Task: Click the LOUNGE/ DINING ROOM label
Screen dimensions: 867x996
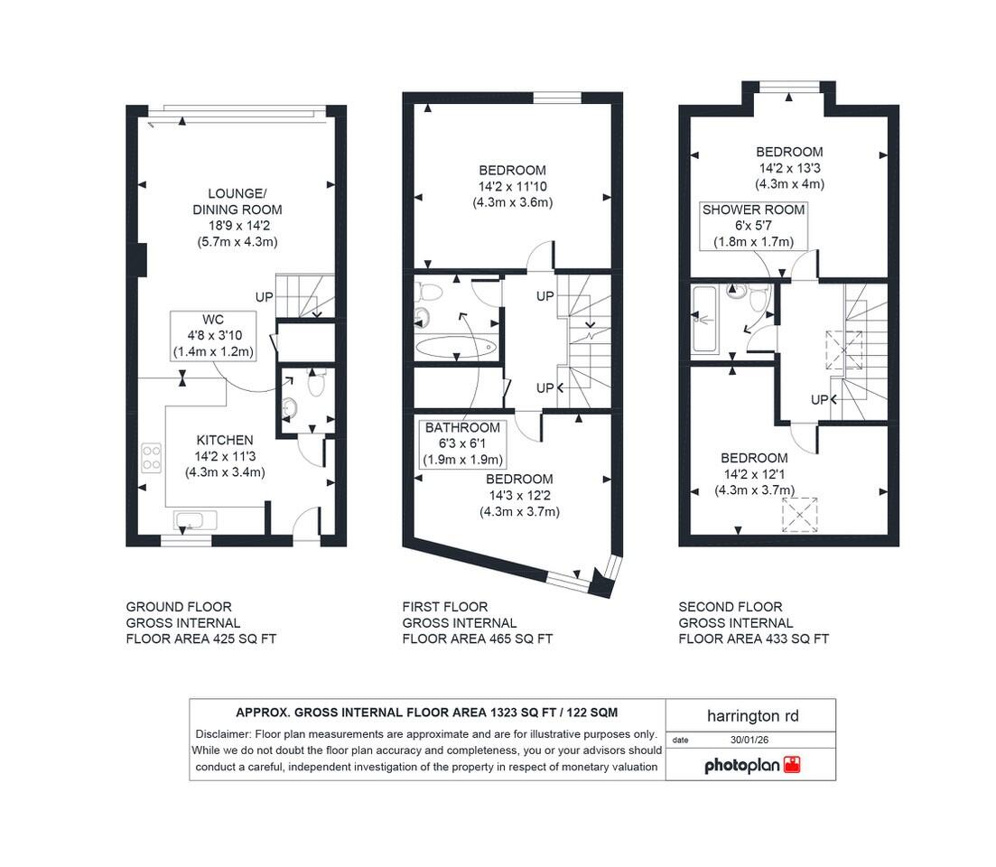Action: coord(237,201)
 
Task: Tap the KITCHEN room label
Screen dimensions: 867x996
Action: coord(225,440)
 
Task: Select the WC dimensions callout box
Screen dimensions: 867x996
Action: coord(213,336)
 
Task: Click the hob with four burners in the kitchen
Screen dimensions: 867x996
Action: coord(151,458)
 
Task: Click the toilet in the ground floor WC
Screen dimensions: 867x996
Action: coord(316,385)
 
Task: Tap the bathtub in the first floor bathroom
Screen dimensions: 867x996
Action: coord(456,346)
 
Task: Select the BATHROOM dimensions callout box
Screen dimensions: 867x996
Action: coord(462,443)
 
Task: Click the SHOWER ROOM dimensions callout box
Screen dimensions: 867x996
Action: coord(753,225)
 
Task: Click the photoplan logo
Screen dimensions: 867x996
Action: coord(751,766)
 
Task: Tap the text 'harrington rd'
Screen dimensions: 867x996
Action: coord(751,716)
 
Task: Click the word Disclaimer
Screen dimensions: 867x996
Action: coord(223,734)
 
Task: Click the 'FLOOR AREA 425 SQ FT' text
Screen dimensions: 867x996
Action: coord(200,639)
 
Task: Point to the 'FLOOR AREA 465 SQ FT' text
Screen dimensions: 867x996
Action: coord(477,639)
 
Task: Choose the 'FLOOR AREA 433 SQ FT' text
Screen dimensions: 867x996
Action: coord(753,639)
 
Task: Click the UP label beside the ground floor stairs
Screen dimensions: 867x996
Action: coord(264,296)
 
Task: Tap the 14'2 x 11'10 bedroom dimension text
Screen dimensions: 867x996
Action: coord(512,186)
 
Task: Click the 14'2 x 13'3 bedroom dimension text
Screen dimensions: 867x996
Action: coord(789,168)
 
